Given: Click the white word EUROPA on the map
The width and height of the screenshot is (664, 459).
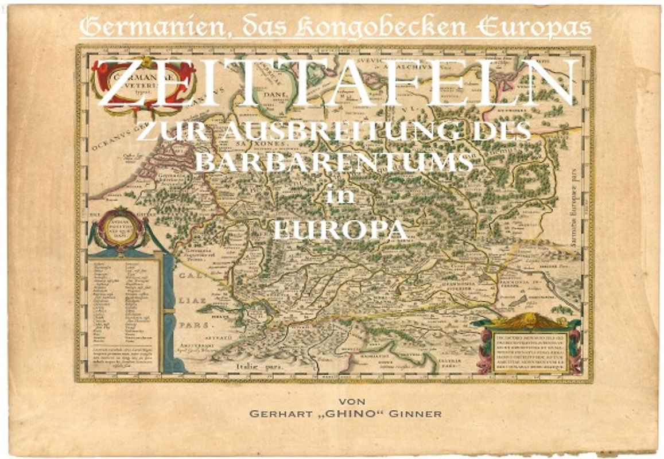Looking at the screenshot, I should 339,230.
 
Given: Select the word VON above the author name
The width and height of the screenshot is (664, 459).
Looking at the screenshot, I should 352,400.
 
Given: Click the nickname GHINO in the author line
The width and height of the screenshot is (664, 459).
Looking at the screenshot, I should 339,414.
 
